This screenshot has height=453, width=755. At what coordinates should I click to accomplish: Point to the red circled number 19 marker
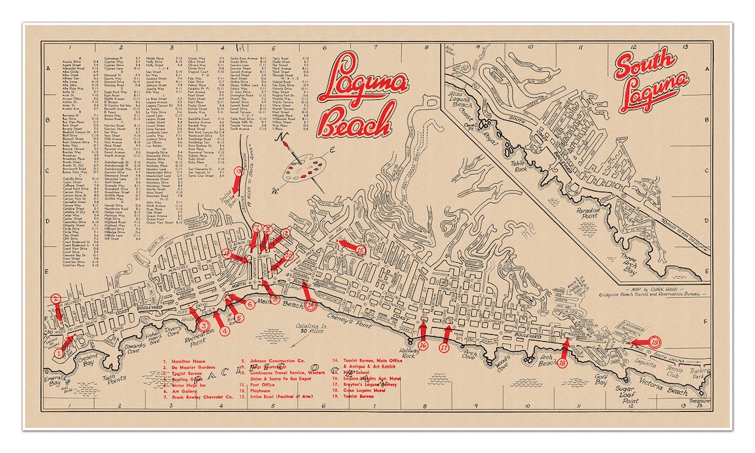click(x=654, y=343)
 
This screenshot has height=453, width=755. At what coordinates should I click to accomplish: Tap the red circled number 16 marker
click(x=423, y=346)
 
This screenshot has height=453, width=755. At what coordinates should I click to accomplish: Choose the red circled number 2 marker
click(x=55, y=300)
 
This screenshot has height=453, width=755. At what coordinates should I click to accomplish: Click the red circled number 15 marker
click(x=361, y=249)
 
